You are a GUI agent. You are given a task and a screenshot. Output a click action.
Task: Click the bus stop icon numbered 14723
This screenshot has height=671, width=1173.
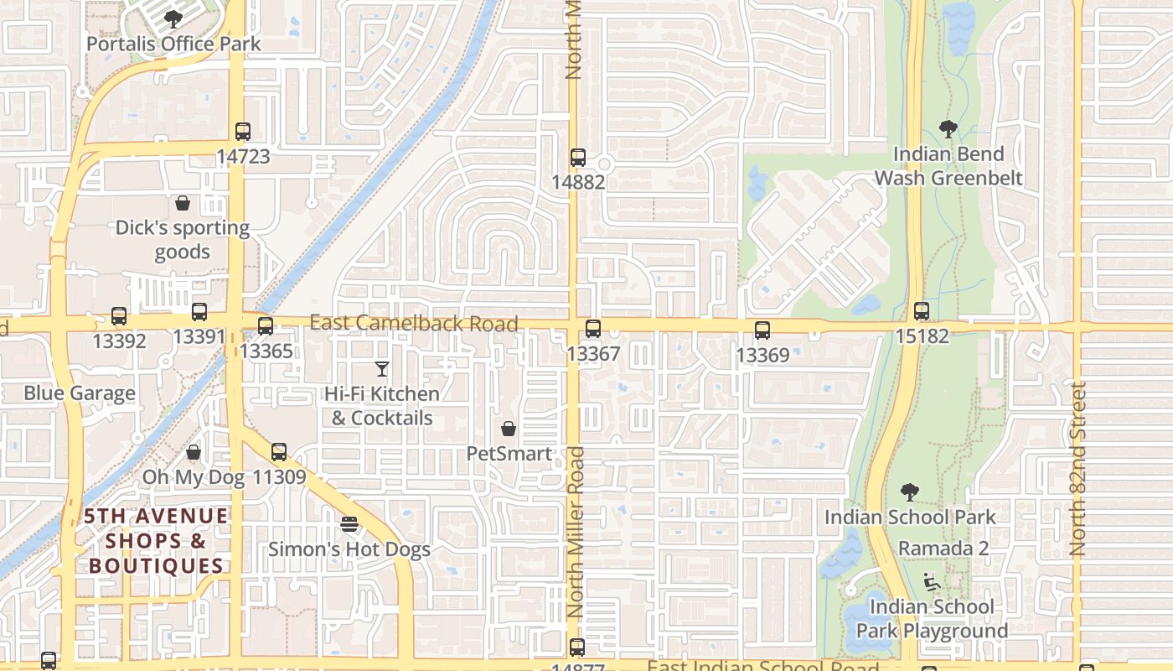pyautogui.click(x=242, y=132)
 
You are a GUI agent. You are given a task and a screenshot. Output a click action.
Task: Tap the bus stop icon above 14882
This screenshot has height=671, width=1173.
pyautogui.click(x=577, y=158)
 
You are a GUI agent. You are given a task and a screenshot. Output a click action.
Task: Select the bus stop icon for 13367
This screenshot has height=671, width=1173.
pyautogui.click(x=593, y=329)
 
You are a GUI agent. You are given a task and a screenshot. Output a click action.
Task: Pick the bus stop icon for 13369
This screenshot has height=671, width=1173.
pyautogui.click(x=762, y=330)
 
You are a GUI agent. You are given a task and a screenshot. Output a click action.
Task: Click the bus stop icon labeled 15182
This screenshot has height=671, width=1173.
pyautogui.click(x=922, y=311)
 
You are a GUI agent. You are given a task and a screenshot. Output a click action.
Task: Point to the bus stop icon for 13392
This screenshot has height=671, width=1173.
pyautogui.click(x=119, y=316)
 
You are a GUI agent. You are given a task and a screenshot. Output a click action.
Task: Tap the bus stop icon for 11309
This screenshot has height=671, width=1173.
pyautogui.click(x=279, y=452)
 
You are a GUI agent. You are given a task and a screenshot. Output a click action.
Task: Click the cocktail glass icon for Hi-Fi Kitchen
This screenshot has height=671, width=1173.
pyautogui.click(x=382, y=368)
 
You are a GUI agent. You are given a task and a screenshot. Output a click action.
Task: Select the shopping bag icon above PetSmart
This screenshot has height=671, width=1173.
pyautogui.click(x=509, y=429)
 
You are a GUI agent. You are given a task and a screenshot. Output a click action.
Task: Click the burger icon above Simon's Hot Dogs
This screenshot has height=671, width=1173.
pyautogui.click(x=349, y=524)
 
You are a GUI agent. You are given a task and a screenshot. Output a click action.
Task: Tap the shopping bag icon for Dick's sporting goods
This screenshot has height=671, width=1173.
pyautogui.click(x=183, y=203)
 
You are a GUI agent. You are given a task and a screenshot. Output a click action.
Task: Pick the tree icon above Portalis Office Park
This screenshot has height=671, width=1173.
pyautogui.click(x=173, y=18)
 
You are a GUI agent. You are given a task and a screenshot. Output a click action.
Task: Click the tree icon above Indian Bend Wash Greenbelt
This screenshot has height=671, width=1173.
pyautogui.click(x=948, y=129)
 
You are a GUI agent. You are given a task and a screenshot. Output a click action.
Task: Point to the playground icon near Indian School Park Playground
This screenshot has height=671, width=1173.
pyautogui.click(x=931, y=581)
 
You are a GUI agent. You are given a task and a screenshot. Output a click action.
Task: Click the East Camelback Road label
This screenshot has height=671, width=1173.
pyautogui.click(x=414, y=323)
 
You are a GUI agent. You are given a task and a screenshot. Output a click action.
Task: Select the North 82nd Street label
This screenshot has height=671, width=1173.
pyautogui.click(x=1077, y=469)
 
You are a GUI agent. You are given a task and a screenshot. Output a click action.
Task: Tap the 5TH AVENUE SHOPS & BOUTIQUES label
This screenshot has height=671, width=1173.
pyautogui.click(x=156, y=541)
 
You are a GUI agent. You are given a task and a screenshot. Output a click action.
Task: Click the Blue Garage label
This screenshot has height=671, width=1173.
pyautogui.click(x=80, y=393)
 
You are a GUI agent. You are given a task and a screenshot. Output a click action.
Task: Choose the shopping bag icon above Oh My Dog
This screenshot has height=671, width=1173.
pyautogui.click(x=194, y=453)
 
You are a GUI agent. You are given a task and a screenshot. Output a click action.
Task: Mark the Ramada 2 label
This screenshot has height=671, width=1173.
pyautogui.click(x=943, y=549)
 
